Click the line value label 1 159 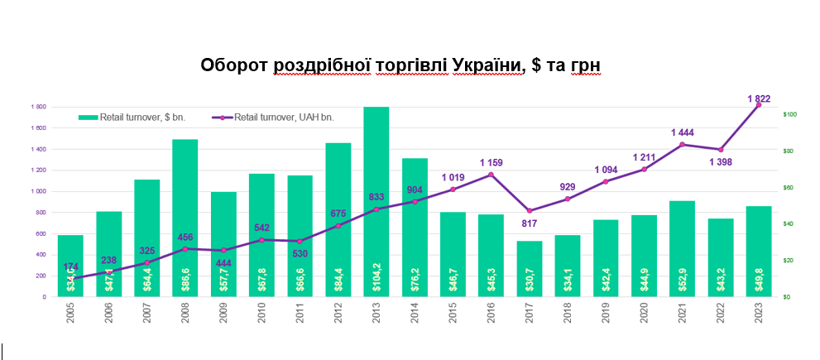491,162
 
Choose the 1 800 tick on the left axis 38,108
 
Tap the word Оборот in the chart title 236,65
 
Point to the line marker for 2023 759,105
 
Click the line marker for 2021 682,145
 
